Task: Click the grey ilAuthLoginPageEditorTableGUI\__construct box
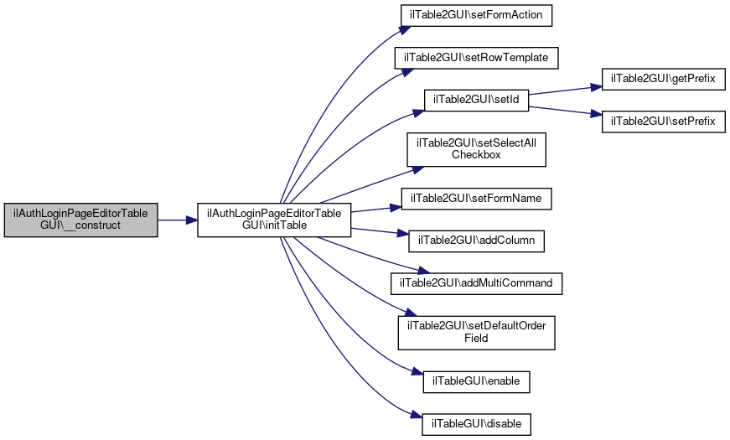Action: (81, 220)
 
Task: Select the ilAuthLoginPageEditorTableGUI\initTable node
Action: (274, 220)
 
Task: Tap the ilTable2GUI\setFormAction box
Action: (476, 15)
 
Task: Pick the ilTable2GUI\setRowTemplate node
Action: (476, 58)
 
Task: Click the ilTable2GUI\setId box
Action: (476, 100)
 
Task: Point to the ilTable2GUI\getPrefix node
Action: (664, 79)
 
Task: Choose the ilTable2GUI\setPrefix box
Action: (664, 122)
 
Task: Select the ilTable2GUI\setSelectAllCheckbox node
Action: (476, 149)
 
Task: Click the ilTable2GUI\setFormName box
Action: (476, 199)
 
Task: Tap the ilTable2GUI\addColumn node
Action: (476, 241)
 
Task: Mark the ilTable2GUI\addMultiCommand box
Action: (476, 283)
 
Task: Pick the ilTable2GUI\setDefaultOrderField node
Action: (476, 333)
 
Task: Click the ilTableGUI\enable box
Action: (476, 382)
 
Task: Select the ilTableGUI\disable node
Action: (476, 424)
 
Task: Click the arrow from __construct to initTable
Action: (178, 220)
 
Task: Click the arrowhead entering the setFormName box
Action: (396, 207)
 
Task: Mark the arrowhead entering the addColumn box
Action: (403, 234)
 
